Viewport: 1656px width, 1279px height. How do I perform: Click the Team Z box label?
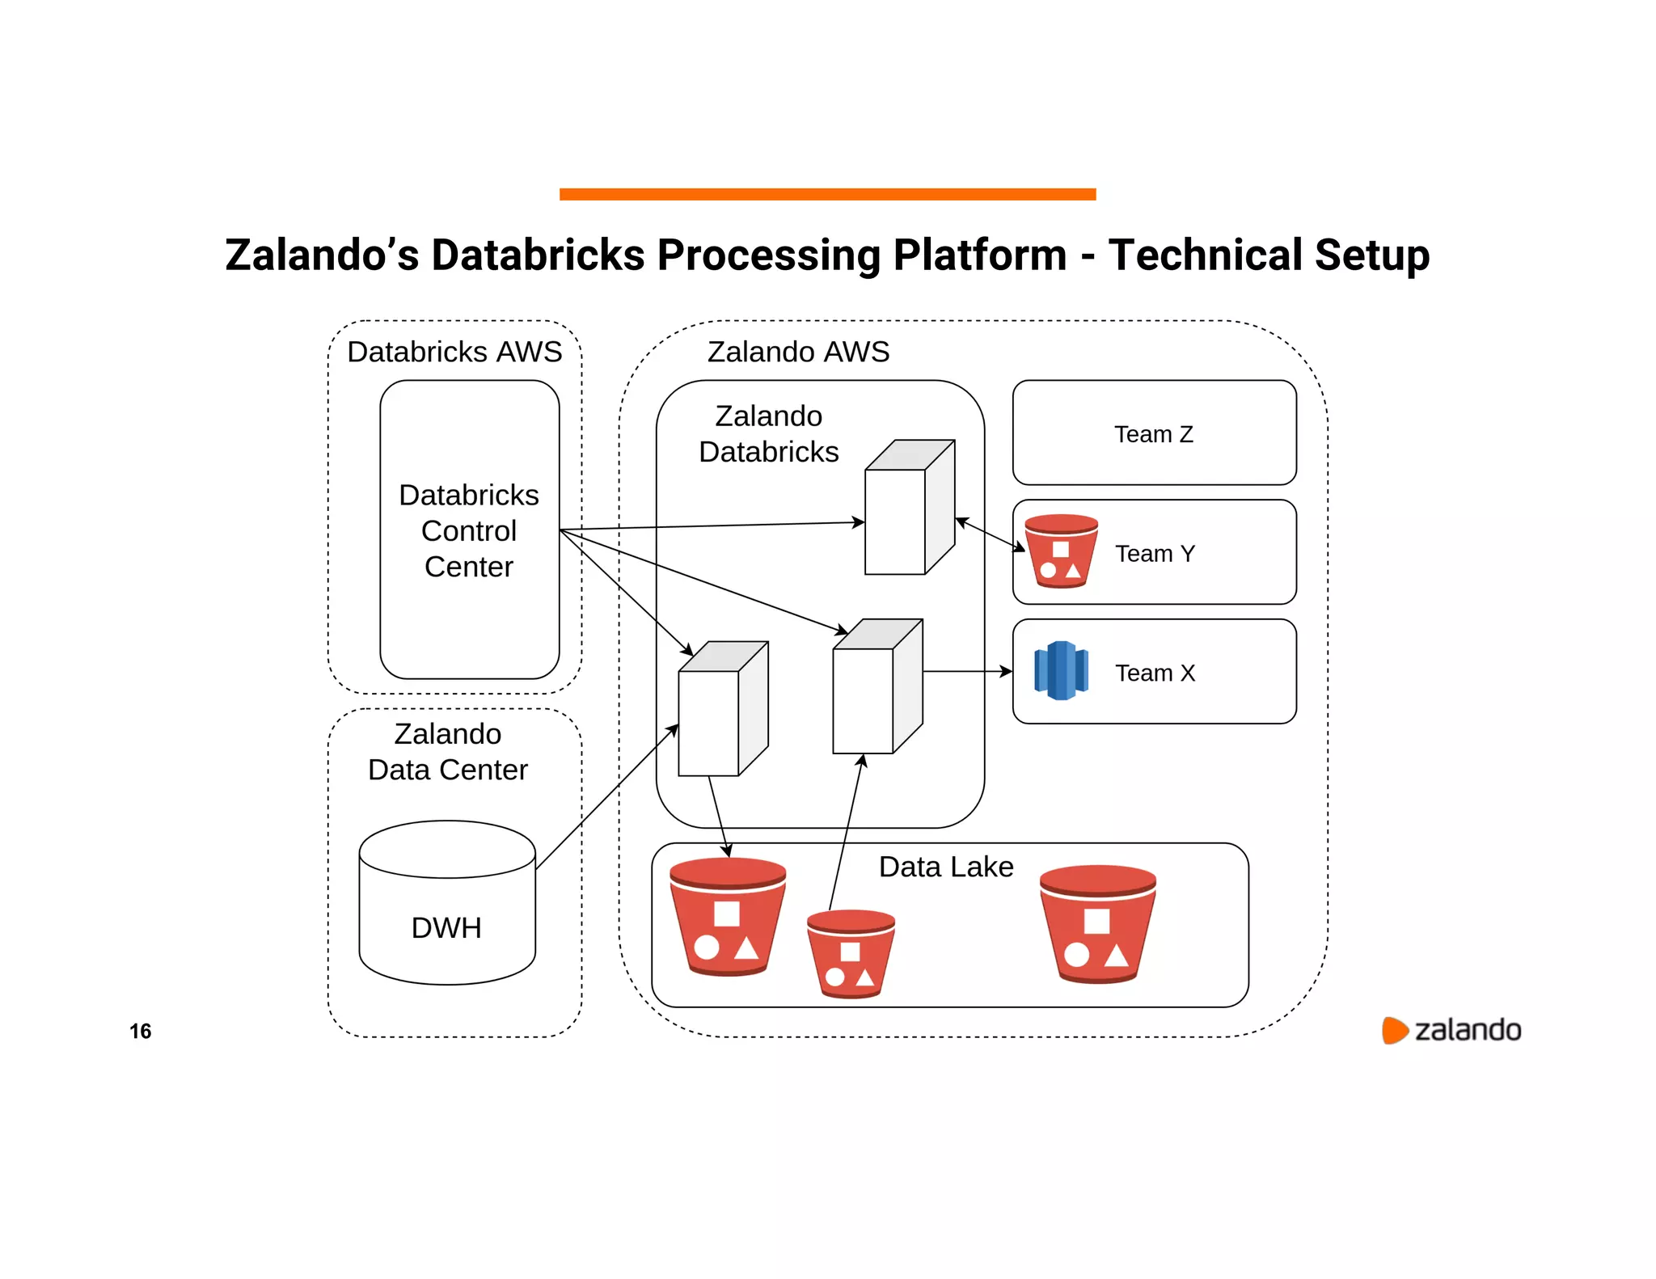1153,434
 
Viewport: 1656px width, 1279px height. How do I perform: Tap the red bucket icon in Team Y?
1061,551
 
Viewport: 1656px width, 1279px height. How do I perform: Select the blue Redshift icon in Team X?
1061,670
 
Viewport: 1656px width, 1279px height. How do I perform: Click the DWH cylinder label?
446,927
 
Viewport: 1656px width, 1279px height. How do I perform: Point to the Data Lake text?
945,867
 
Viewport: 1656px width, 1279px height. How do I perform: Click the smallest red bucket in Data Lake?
851,954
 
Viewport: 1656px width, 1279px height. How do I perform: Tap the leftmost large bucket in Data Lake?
727,918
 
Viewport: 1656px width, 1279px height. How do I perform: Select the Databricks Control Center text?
469,530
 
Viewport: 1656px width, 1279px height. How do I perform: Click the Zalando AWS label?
798,352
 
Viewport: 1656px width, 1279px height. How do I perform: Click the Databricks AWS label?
454,352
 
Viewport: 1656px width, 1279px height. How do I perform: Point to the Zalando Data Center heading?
448,752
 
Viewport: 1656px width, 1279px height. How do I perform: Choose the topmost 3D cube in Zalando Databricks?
909,508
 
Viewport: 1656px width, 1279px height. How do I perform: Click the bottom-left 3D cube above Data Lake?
722,709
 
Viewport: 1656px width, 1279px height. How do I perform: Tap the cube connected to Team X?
877,686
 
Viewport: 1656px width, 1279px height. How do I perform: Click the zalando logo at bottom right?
1451,1030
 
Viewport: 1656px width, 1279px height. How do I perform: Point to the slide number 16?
141,1031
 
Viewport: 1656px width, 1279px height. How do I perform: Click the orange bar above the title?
827,194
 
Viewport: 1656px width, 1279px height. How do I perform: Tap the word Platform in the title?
980,255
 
